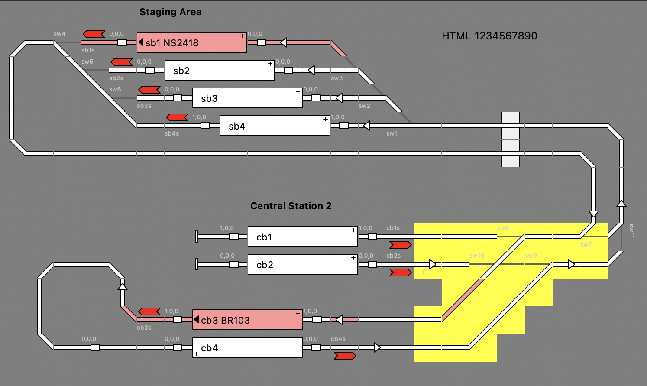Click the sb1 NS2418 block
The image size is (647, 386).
192,42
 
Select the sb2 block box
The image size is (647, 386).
220,70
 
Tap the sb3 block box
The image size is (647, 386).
247,98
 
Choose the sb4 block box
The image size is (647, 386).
275,126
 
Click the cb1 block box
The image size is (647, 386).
303,237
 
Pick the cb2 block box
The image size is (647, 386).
303,264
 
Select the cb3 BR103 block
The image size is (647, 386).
247,320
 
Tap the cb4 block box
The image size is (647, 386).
247,347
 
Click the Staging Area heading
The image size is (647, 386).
170,12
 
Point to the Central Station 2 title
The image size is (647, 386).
291,206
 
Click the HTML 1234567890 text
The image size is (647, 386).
489,36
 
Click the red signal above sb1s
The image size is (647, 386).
94,34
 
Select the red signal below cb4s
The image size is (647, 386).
345,356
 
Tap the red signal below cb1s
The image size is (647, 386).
400,245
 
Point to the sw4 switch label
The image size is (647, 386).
59,34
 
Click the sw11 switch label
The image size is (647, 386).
631,231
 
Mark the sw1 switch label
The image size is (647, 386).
391,133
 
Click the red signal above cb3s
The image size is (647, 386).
149,311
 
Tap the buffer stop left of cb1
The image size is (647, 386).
197,237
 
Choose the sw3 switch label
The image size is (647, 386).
336,78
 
